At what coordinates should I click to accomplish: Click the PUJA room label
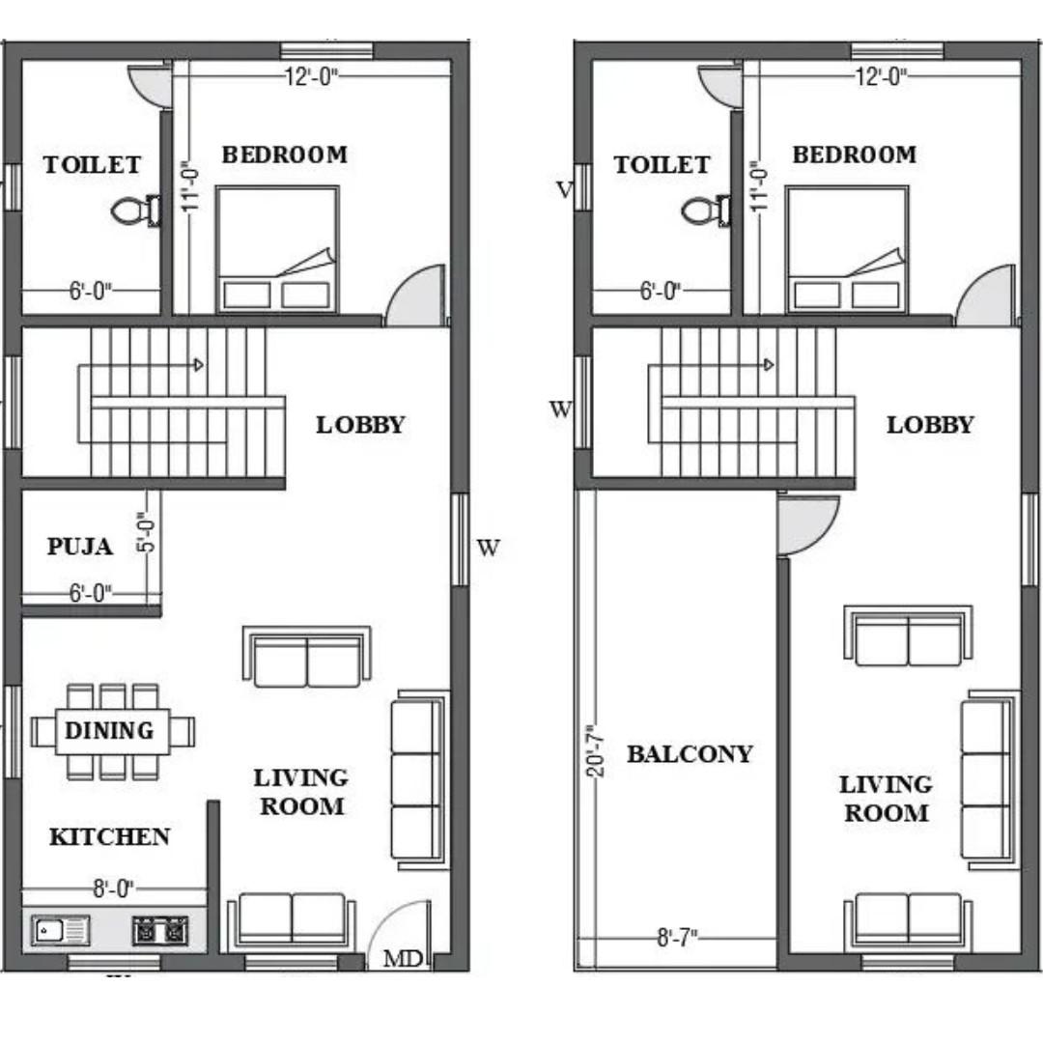(x=79, y=547)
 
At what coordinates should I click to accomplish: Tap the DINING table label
(x=109, y=730)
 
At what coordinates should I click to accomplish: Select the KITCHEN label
(x=110, y=836)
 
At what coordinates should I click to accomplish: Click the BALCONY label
(x=690, y=754)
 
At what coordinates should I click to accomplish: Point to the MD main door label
(x=403, y=959)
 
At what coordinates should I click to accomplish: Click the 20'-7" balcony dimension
(x=595, y=751)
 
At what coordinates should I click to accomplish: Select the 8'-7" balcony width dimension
(x=677, y=938)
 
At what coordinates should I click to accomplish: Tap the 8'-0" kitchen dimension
(x=113, y=888)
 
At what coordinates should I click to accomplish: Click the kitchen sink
(x=61, y=931)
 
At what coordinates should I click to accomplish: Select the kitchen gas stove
(x=160, y=931)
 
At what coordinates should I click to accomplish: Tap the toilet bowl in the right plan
(x=706, y=211)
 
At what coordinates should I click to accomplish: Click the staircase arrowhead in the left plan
(x=198, y=364)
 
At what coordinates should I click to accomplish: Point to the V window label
(x=564, y=191)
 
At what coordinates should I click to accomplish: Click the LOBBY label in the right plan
(x=930, y=425)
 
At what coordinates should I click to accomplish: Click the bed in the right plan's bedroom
(x=848, y=249)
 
